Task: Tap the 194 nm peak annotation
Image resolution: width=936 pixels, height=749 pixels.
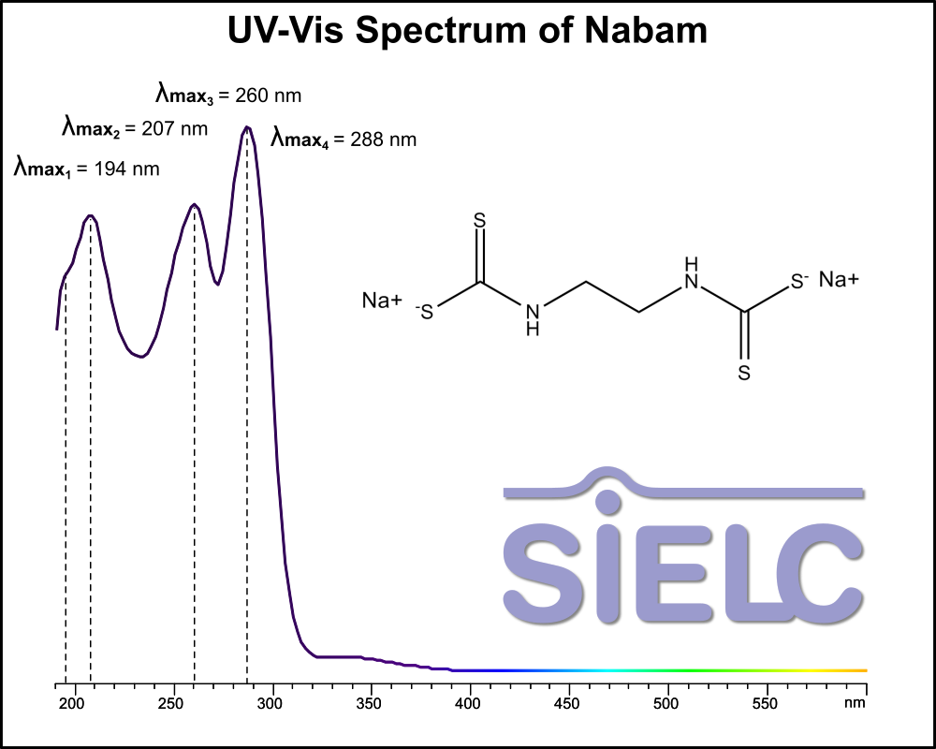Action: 86,169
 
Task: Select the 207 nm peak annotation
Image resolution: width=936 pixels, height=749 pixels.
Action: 135,127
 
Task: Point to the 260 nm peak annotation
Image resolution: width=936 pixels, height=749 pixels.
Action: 228,95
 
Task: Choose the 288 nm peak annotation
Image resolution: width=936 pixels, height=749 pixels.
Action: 344,140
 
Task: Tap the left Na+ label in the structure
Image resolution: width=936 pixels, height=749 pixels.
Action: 382,301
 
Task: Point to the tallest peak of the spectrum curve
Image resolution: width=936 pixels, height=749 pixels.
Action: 247,127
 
